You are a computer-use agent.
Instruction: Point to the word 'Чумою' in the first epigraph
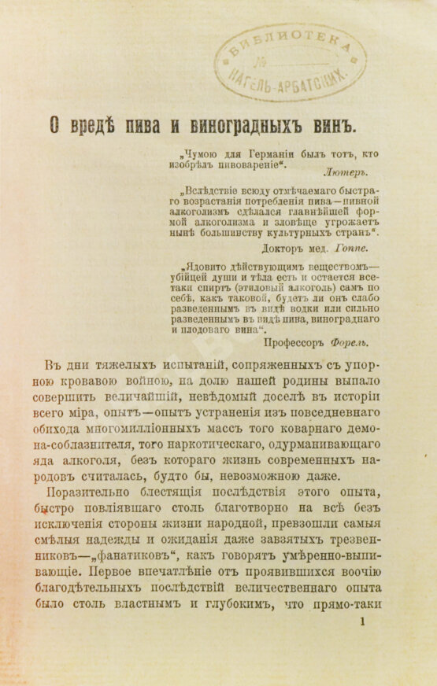click(x=202, y=155)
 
